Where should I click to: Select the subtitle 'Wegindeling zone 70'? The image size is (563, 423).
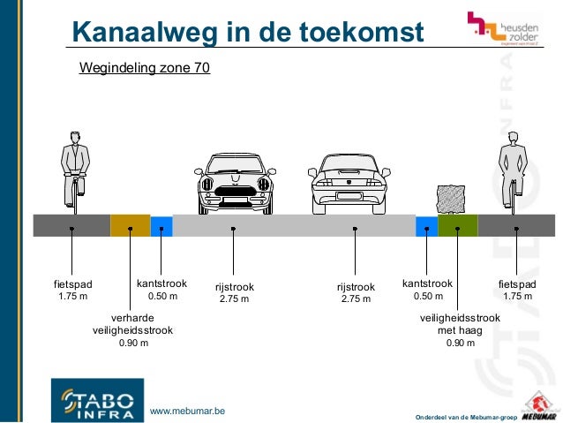(x=145, y=67)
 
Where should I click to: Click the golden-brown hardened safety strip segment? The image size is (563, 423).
(x=130, y=225)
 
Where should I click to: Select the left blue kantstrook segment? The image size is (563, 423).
(x=161, y=225)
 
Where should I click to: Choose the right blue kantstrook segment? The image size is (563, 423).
(x=426, y=225)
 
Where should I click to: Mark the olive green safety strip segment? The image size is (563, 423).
(x=457, y=225)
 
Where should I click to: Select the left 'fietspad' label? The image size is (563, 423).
(x=72, y=284)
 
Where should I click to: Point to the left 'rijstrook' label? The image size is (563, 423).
(x=234, y=287)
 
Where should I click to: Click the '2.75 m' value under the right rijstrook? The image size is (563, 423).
(x=356, y=299)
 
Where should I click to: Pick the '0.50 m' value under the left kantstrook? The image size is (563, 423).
(x=162, y=297)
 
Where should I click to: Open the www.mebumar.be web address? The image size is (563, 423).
(x=188, y=411)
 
